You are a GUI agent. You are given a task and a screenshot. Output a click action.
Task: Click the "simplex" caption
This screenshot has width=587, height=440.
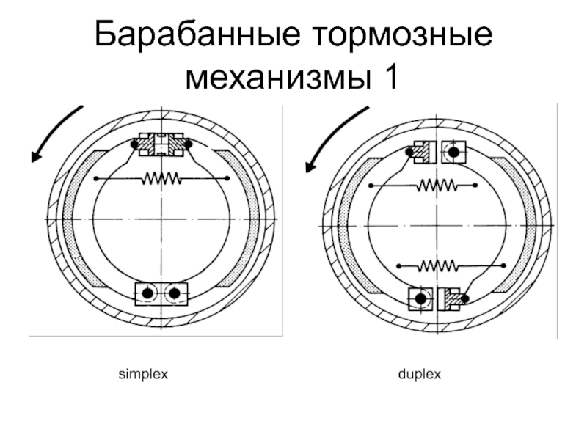click(x=144, y=374)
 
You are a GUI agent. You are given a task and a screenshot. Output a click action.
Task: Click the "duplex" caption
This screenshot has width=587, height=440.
click(x=419, y=374)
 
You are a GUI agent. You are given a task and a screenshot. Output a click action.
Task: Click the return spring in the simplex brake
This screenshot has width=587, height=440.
click(x=161, y=178)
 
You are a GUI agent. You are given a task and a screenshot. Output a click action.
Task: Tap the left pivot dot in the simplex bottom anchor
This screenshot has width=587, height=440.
click(x=147, y=293)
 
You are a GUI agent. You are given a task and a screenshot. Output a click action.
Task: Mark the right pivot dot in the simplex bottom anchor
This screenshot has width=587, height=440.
click(x=175, y=293)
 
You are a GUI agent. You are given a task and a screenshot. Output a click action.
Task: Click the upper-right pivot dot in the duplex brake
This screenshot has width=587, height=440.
click(x=454, y=153)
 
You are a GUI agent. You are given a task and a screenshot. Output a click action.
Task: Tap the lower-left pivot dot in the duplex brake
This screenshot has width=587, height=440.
click(x=420, y=298)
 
